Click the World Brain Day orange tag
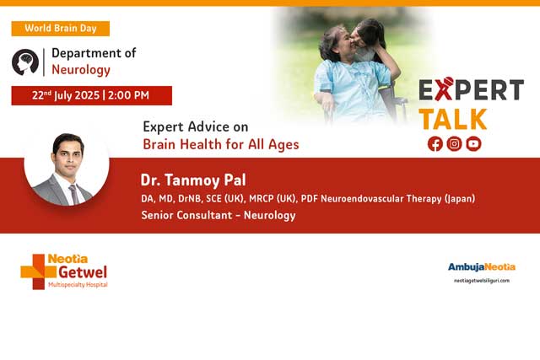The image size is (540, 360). click(x=60, y=28)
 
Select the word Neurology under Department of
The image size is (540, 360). click(x=81, y=69)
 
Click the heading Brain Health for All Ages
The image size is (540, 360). click(x=221, y=144)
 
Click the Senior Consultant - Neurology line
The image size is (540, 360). click(x=219, y=216)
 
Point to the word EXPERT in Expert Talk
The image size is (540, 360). click(x=471, y=90)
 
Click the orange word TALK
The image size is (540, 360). click(x=454, y=117)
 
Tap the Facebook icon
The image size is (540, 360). click(x=435, y=143)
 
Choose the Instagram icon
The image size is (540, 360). click(x=454, y=143)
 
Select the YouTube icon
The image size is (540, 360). click(x=473, y=143)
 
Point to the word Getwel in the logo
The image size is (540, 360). click(x=83, y=271)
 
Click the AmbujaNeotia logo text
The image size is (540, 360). click(x=481, y=266)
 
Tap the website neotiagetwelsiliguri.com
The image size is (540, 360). click(x=481, y=281)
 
